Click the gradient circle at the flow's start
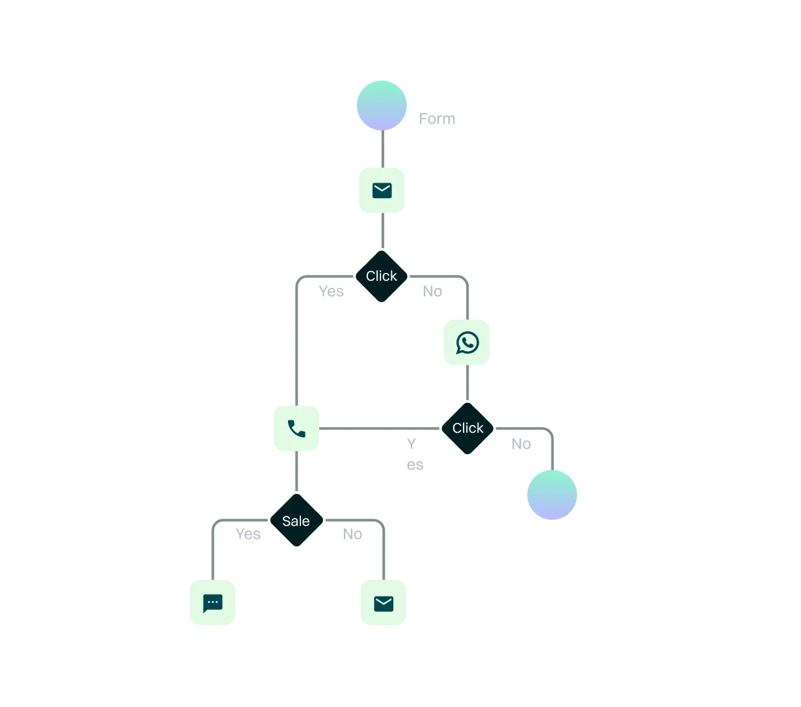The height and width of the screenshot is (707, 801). tap(382, 105)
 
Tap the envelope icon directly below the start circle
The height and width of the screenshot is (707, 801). tap(382, 190)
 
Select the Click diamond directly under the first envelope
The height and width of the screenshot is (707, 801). tap(382, 276)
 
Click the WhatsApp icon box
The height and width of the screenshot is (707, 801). tap(467, 343)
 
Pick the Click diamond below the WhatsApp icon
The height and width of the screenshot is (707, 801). tap(467, 428)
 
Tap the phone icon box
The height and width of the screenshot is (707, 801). tap(296, 428)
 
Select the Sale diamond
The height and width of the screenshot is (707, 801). tap(296, 521)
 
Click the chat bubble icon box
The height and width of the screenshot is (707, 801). tap(213, 603)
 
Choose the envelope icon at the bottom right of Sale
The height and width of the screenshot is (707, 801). tap(384, 603)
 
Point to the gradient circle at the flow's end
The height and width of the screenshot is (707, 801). tap(551, 494)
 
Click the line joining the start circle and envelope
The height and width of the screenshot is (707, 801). tap(382, 149)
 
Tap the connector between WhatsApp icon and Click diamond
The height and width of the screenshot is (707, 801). tap(467, 384)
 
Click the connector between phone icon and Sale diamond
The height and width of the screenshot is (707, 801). tap(296, 470)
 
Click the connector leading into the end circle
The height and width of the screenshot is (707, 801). tap(551, 448)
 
